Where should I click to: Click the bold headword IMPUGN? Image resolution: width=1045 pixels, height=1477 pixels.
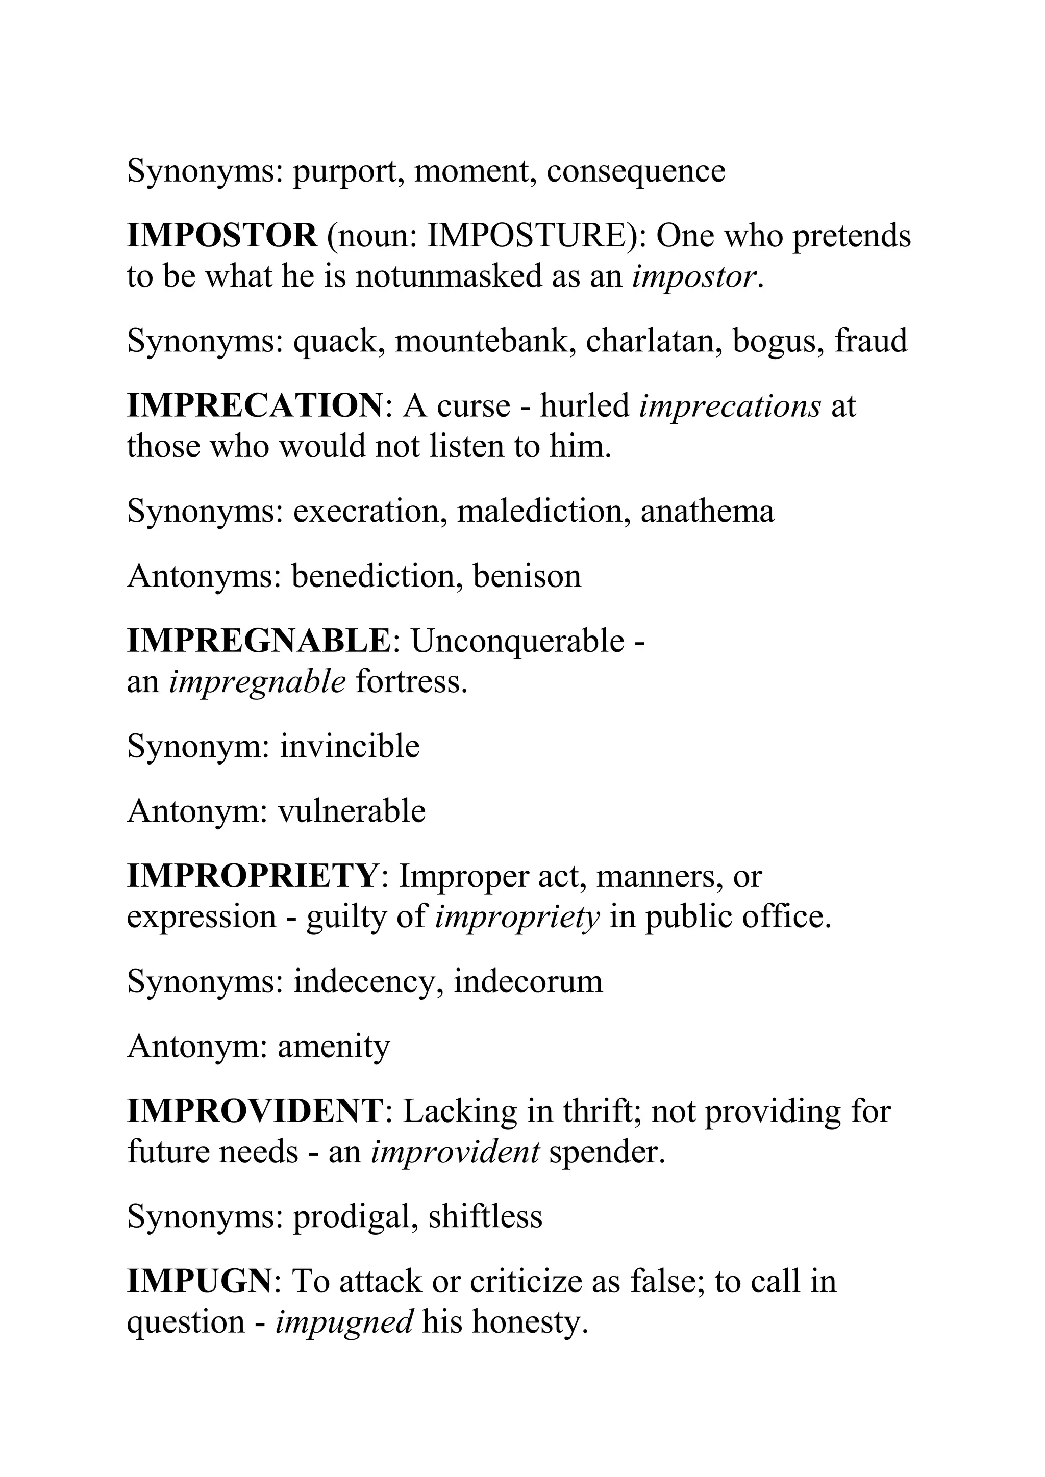pos(200,1282)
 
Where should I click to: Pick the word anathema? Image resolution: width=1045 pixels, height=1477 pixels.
pos(707,512)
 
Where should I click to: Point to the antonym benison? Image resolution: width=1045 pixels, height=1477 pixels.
pos(527,576)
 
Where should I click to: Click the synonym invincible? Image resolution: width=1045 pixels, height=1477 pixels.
pos(350,746)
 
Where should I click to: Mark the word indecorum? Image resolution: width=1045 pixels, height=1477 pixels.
pos(528,982)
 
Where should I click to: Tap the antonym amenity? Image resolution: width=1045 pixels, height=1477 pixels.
pos(334,1047)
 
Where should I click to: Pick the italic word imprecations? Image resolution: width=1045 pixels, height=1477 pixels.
pos(730,405)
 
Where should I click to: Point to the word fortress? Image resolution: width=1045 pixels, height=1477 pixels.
pos(411,682)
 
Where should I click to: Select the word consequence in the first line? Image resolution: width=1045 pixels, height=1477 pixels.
pos(636,171)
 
